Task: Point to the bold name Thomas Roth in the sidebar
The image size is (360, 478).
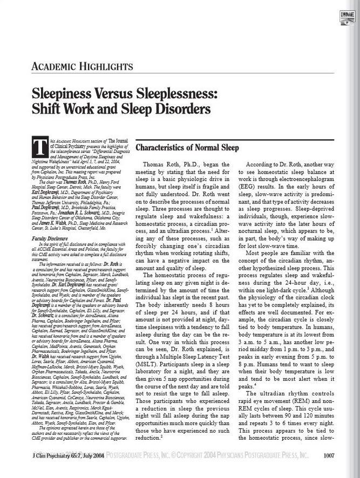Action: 77,182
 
